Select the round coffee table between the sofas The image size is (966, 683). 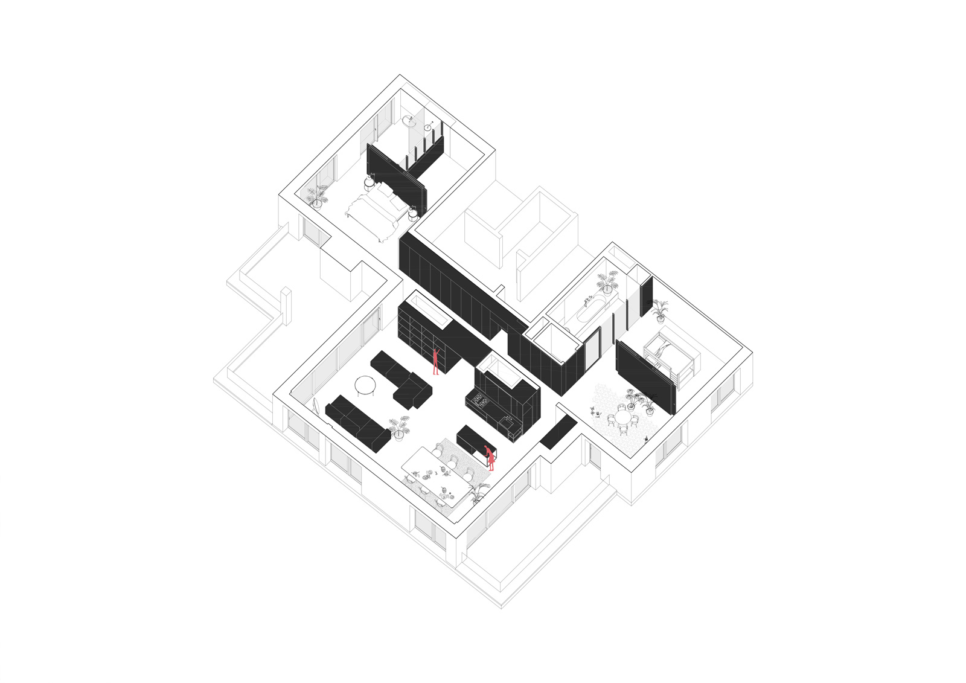[x=365, y=384]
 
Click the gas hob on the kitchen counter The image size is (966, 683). [x=481, y=399]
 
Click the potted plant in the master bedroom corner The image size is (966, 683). [x=316, y=195]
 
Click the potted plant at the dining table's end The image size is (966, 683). [x=477, y=492]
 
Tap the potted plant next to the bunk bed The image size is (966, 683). [x=660, y=309]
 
